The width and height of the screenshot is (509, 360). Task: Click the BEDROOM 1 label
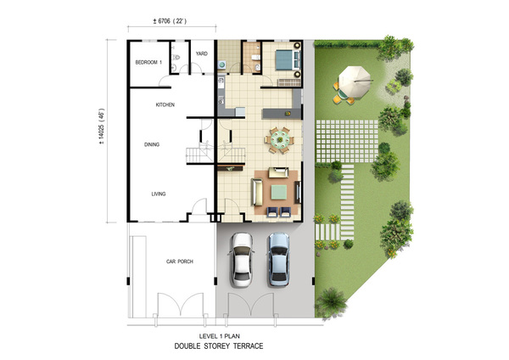(x=148, y=62)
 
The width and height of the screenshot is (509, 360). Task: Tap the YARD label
(x=202, y=53)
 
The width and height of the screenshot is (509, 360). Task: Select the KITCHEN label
(x=165, y=104)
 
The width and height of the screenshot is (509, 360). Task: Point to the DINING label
(x=152, y=144)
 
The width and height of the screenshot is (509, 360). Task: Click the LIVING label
(x=159, y=194)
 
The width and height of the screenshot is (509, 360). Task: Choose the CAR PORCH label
(x=180, y=262)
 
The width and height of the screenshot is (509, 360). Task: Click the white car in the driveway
(x=242, y=260)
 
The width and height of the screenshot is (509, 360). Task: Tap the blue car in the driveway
(x=278, y=259)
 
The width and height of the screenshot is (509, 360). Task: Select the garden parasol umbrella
(x=355, y=82)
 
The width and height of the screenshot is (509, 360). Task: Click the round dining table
(x=280, y=140)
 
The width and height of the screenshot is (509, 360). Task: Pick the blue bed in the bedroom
(x=287, y=59)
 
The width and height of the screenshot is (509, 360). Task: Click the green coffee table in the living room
(x=279, y=192)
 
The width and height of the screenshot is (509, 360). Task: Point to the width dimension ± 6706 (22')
(x=170, y=21)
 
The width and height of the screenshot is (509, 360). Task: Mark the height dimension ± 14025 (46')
(x=102, y=126)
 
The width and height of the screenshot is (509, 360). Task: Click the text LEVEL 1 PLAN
(x=220, y=336)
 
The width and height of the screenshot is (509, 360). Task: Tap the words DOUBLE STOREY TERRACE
(x=219, y=346)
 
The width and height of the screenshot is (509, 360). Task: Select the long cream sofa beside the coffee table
(x=257, y=192)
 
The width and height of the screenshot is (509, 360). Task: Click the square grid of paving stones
(x=347, y=141)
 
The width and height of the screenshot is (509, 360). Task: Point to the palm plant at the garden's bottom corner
(x=331, y=302)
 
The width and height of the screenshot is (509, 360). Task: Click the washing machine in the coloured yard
(x=222, y=65)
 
